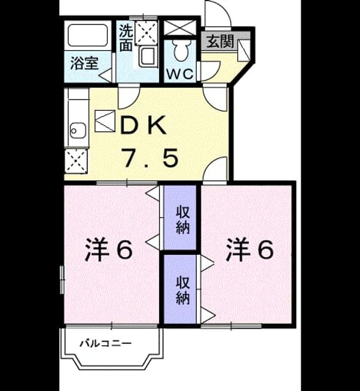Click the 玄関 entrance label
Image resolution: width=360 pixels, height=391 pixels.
[x=221, y=42]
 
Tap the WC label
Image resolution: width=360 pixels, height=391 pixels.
[x=180, y=73]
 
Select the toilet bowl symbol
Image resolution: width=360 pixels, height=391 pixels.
[x=180, y=50]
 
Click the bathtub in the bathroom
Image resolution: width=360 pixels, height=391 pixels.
[x=88, y=35]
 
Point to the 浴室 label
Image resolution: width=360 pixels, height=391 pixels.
[x=84, y=63]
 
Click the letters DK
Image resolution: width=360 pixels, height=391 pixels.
[x=143, y=125]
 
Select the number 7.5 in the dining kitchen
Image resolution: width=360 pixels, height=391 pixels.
[x=150, y=158]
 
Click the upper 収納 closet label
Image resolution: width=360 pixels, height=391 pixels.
[x=183, y=220]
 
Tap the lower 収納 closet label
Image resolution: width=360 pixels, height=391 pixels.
[x=183, y=290]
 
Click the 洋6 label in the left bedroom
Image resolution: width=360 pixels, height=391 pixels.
[x=108, y=249]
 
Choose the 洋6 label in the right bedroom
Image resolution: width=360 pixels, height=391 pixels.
[x=250, y=249]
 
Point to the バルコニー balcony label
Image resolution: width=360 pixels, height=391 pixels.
[x=106, y=343]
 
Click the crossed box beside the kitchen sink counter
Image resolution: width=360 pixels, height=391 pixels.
[x=76, y=161]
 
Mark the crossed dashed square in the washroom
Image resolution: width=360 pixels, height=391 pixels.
[x=147, y=33]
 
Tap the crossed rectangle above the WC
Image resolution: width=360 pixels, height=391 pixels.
[x=180, y=27]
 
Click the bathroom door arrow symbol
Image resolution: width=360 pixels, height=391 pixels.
[x=106, y=75]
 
